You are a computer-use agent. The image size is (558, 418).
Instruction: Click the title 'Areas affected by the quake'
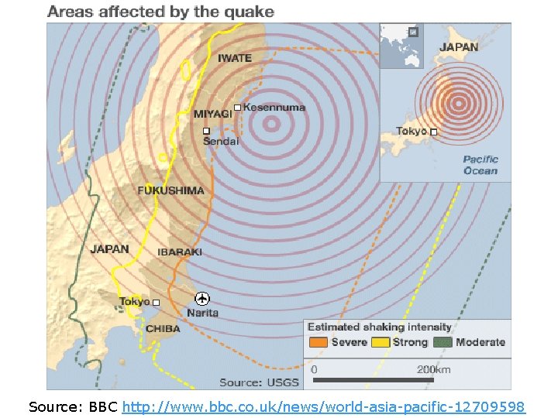coord(160,12)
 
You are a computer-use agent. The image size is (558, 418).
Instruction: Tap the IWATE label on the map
coord(234,58)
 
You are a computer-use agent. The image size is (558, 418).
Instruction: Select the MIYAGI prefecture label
coord(213,114)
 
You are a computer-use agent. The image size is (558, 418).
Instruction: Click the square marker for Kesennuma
coord(237,108)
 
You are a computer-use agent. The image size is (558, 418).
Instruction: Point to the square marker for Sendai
coord(207,131)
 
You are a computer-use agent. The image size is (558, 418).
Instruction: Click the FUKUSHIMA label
coord(170,190)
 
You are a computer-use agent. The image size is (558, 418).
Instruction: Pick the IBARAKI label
coord(180,252)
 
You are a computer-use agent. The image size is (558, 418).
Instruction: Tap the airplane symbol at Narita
coord(202,299)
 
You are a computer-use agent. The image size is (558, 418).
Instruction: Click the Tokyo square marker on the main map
coord(156,302)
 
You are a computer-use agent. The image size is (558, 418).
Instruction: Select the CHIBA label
coord(163,329)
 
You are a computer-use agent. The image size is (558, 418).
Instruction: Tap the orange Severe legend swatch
coord(318,342)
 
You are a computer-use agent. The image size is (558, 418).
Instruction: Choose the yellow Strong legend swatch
coord(381,342)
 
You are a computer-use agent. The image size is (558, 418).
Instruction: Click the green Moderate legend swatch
coord(443,342)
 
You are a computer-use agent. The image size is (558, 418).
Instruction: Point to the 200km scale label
coord(433,369)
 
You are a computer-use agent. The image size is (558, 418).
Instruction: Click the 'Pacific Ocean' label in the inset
coord(480,165)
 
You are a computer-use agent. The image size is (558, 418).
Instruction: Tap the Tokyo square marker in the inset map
coord(434,132)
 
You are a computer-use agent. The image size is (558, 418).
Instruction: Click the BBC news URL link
coord(324,406)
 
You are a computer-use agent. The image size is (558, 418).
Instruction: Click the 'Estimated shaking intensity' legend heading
coord(380,327)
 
